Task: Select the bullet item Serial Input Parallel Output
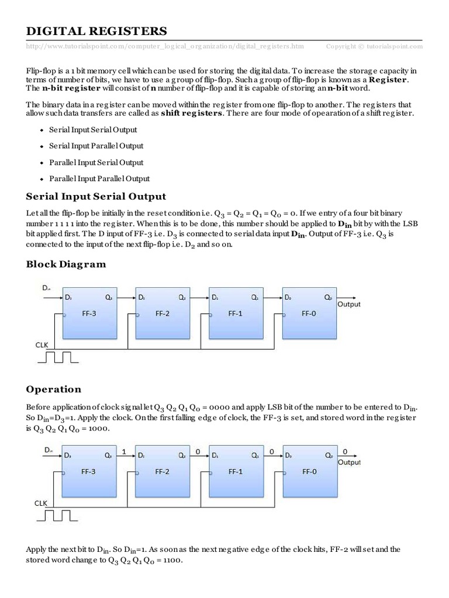tap(96, 146)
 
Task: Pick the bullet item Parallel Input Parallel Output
tap(99, 179)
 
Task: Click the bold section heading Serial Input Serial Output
tap(96, 196)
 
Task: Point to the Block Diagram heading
tap(66, 264)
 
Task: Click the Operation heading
tap(54, 389)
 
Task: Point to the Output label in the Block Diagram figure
tap(349, 304)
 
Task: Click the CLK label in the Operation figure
tap(40, 502)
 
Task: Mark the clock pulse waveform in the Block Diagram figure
tap(54, 356)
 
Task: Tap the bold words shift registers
tap(194, 113)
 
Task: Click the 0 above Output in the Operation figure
tap(344, 451)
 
